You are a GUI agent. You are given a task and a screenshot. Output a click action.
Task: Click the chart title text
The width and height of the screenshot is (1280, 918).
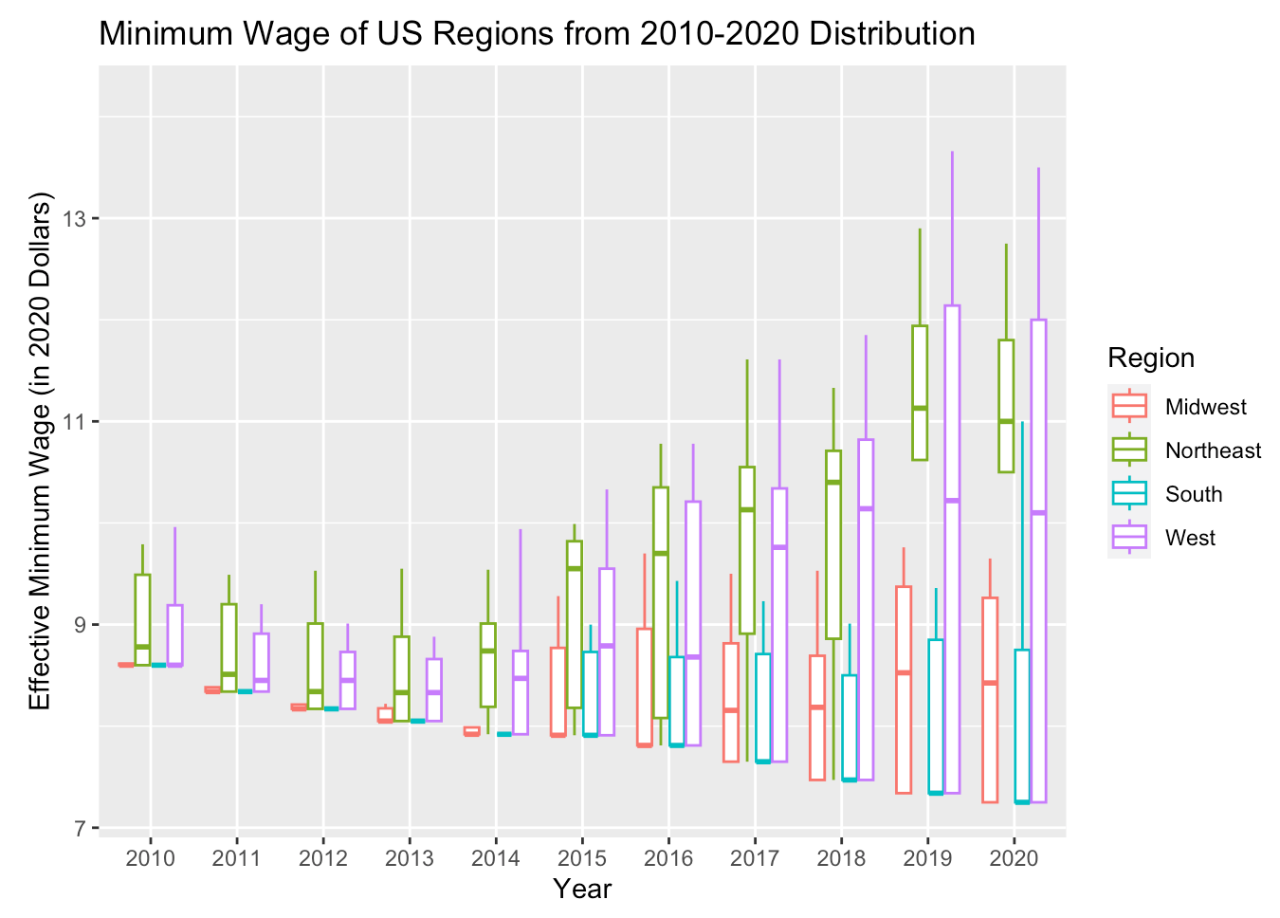point(537,34)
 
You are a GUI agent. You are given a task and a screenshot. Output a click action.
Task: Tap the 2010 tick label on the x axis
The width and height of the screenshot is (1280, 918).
point(150,859)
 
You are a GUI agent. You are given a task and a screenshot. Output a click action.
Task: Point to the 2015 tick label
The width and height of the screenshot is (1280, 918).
point(582,859)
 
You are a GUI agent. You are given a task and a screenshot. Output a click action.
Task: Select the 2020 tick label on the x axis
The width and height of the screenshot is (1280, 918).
point(1015,859)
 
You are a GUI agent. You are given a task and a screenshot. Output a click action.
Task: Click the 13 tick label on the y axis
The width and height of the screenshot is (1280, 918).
point(74,219)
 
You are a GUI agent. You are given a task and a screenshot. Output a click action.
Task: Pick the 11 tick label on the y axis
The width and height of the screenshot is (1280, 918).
point(74,422)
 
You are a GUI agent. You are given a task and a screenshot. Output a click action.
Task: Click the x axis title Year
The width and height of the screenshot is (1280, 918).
point(582,890)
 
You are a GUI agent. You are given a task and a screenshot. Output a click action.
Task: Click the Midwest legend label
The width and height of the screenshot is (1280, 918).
point(1205,408)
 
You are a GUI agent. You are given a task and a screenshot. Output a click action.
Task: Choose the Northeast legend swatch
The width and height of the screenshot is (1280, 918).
point(1129,450)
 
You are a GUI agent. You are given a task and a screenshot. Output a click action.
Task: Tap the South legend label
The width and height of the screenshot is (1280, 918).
point(1193,495)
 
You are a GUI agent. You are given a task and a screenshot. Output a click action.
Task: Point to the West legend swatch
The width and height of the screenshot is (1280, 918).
point(1129,538)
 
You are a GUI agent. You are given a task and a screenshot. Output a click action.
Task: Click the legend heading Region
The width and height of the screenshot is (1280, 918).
point(1151,358)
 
